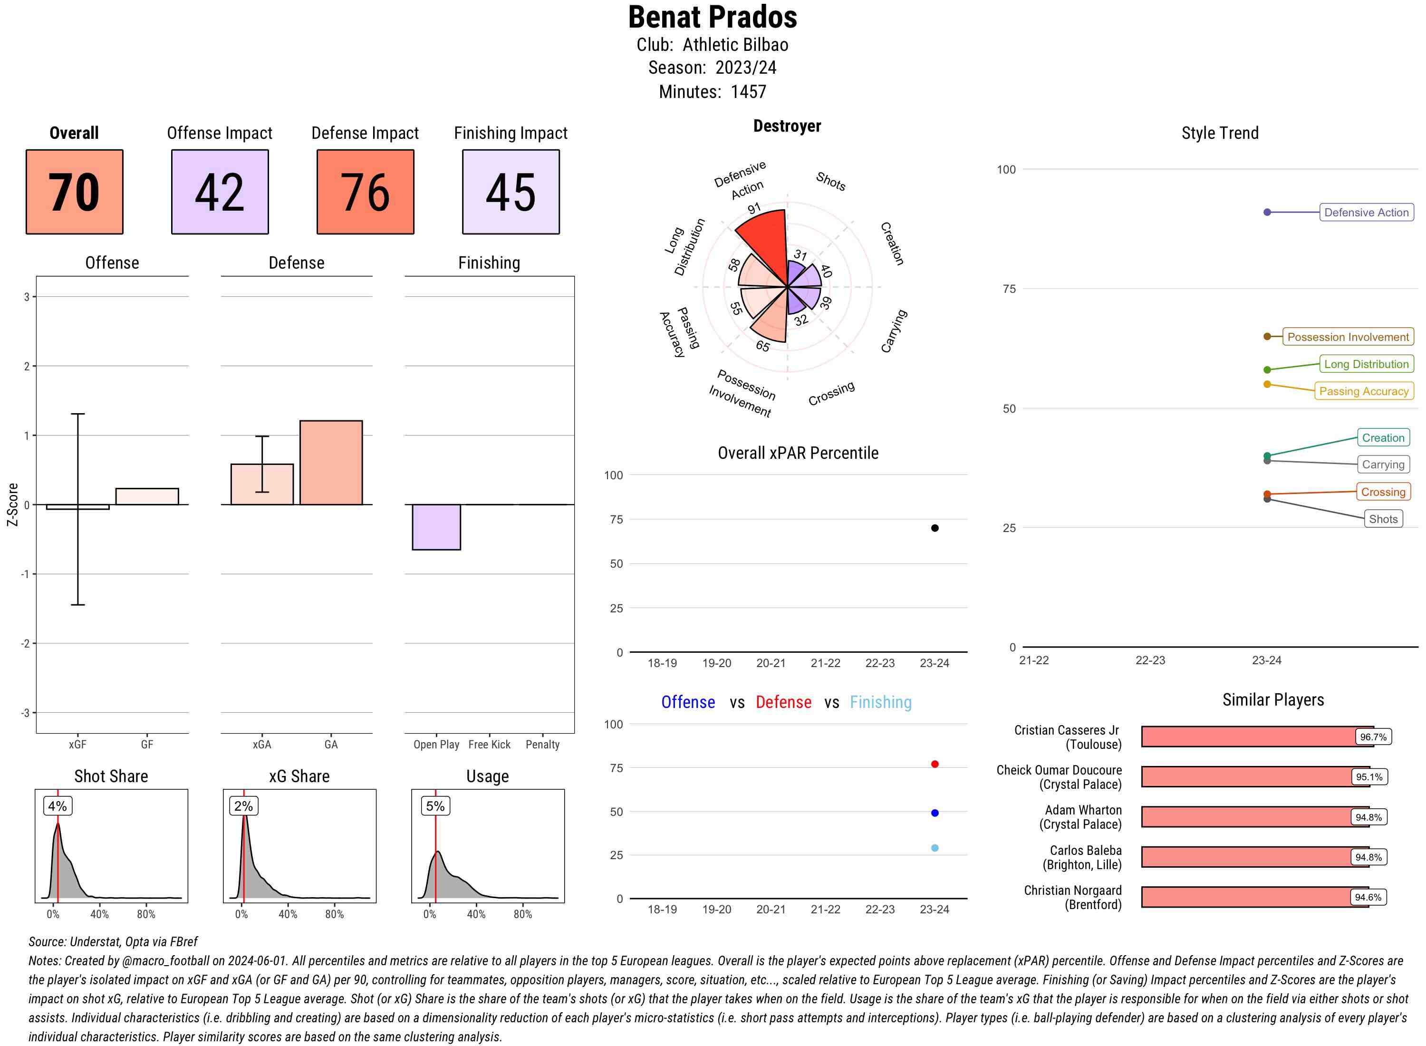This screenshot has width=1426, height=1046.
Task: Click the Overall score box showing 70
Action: click(74, 192)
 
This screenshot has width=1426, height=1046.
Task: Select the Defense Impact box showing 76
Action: click(365, 192)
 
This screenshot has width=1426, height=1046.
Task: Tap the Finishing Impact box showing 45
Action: click(511, 192)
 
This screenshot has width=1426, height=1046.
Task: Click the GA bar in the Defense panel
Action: click(331, 463)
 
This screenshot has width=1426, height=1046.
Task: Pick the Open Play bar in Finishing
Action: click(436, 527)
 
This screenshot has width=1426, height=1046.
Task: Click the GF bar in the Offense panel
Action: click(147, 496)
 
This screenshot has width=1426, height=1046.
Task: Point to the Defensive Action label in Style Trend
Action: click(1366, 213)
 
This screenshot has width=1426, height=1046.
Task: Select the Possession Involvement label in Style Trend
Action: click(1348, 337)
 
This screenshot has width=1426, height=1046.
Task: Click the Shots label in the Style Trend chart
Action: click(1383, 519)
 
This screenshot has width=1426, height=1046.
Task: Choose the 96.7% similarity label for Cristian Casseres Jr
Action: click(1373, 737)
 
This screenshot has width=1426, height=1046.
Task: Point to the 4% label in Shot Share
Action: click(58, 806)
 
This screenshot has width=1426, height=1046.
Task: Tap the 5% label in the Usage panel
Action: click(435, 806)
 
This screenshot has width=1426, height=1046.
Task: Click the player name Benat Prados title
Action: click(713, 18)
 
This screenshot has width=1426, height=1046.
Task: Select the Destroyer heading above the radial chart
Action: click(787, 126)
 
